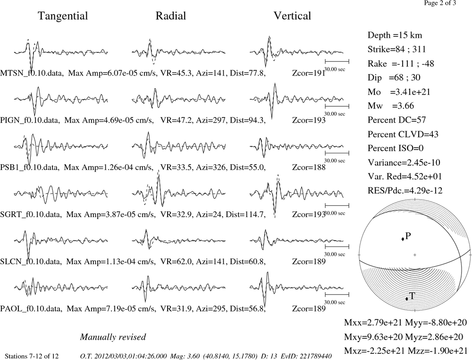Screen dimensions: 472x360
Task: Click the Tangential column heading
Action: click(x=63, y=16)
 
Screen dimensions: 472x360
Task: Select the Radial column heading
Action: click(x=171, y=16)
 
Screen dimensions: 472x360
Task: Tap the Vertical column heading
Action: click(x=292, y=16)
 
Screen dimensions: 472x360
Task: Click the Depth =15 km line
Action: click(x=395, y=35)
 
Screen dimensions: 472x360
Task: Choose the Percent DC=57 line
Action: click(x=397, y=120)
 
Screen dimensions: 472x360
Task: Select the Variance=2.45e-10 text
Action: click(x=404, y=162)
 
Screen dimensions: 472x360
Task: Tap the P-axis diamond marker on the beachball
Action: click(x=403, y=239)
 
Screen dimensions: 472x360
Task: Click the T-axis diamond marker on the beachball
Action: click(x=407, y=299)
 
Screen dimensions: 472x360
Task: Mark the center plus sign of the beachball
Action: click(x=415, y=255)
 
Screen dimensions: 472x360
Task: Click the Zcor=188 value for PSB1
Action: click(x=309, y=167)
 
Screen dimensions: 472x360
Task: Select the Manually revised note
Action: click(x=113, y=337)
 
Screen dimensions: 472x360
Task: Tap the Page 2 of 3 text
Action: click(x=440, y=3)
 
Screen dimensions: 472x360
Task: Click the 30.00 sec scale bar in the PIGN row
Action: click(x=337, y=106)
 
